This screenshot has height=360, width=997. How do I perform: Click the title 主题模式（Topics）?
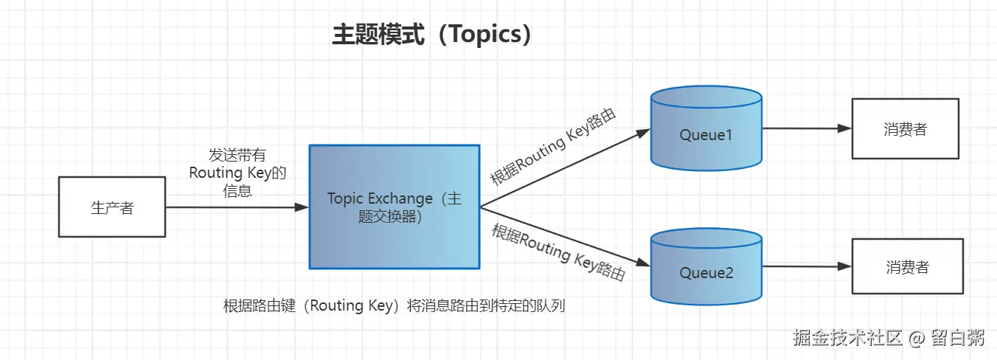coord(432,35)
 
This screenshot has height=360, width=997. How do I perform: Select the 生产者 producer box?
coord(112,207)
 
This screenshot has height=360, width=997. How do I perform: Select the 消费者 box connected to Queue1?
coord(906,128)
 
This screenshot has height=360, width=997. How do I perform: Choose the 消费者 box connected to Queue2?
coord(907,267)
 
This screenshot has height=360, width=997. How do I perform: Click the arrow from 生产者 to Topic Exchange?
coord(236,208)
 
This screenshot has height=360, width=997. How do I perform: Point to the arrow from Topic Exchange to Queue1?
coord(564,168)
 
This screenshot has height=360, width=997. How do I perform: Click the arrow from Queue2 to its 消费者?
coord(806,266)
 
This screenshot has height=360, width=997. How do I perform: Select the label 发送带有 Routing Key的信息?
coord(237,173)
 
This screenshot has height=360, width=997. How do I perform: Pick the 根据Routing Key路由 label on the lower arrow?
coord(558,252)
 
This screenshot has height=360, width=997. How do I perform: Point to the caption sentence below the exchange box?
coord(394,305)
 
